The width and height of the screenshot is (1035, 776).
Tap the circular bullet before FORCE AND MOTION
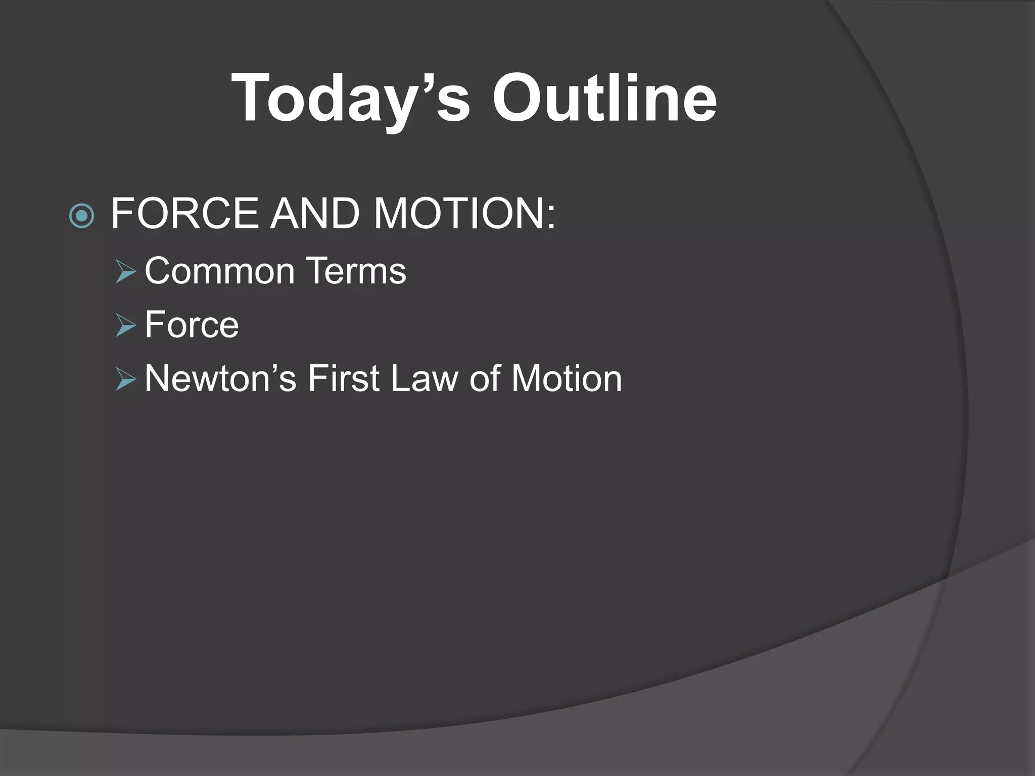pos(81,216)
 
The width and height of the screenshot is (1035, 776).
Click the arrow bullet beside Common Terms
pos(125,272)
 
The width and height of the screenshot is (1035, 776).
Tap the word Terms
pos(356,271)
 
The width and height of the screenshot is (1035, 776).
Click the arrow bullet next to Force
pos(125,325)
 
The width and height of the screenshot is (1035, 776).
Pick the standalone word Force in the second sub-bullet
pos(192,325)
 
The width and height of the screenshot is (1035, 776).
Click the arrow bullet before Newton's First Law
pos(125,379)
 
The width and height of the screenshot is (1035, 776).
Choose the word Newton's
pos(220,378)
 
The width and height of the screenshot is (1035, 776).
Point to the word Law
pos(424,378)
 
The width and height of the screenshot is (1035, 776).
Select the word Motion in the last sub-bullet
pos(567,378)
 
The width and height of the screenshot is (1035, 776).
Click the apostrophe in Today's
pos(424,81)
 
